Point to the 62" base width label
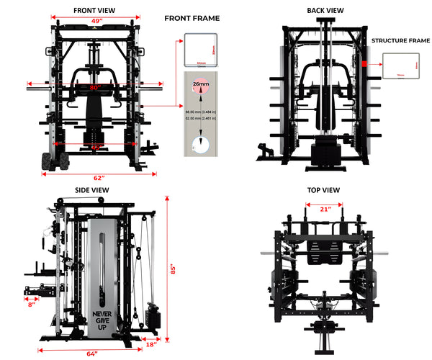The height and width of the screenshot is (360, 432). click(x=99, y=178)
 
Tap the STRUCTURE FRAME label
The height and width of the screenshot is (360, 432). click(x=400, y=42)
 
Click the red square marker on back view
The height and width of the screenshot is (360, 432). click(x=365, y=64)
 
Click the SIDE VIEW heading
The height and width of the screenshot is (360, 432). click(x=91, y=190)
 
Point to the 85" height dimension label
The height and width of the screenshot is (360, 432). click(x=172, y=269)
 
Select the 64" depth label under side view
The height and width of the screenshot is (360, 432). click(x=92, y=353)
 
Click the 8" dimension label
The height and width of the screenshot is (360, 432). click(x=32, y=305)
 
